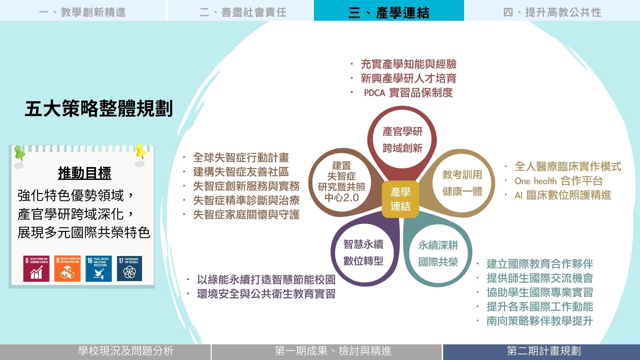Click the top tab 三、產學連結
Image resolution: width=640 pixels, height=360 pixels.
[x=389, y=10]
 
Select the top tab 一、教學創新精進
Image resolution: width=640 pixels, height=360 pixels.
[x=82, y=10]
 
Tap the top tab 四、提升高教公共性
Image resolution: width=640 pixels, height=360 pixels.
[x=552, y=10]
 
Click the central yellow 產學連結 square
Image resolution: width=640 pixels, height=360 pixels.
[x=400, y=199]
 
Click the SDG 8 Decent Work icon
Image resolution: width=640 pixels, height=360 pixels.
[x=36, y=269]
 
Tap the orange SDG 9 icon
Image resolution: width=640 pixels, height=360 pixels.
[x=67, y=269]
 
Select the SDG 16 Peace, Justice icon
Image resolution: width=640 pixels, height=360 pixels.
[x=99, y=269]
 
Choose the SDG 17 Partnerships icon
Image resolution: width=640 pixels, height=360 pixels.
[x=130, y=269]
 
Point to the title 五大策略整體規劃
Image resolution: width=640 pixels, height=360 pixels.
[x=99, y=109]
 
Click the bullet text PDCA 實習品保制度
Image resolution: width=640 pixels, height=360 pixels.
[x=408, y=93]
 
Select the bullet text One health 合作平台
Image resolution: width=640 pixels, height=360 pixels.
[x=559, y=181]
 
